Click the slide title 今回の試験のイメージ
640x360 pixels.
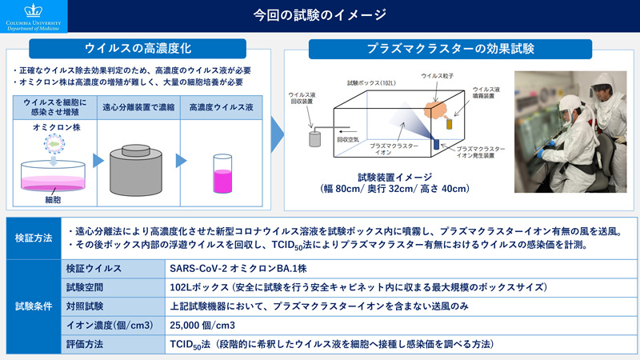320,14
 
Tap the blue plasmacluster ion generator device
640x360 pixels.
436,144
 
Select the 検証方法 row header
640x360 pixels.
34,238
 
